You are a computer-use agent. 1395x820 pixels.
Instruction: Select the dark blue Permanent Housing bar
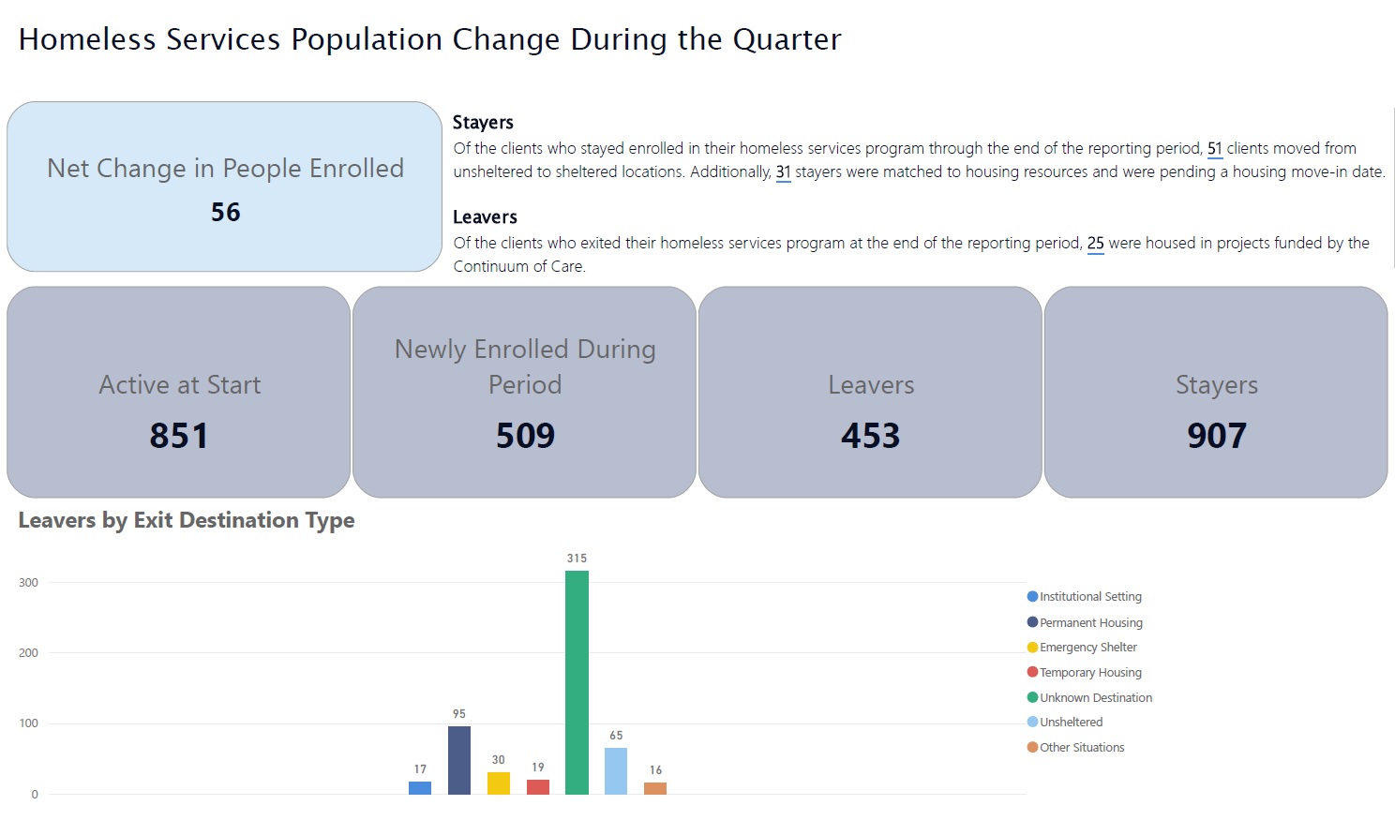pos(459,760)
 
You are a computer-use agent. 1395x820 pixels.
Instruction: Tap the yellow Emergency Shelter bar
pos(499,783)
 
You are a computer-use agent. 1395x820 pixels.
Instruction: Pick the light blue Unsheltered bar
pos(616,771)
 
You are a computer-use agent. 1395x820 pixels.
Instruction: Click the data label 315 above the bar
pos(577,558)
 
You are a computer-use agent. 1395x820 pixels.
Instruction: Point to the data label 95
pos(459,714)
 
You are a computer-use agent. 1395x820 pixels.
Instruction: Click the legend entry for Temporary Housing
pos(1089,672)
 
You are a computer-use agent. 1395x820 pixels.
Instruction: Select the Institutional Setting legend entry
pos(1089,596)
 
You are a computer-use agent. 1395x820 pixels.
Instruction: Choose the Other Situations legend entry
pos(1081,747)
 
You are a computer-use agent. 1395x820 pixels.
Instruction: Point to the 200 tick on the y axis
pos(28,653)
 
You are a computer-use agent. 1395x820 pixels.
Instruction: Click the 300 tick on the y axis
pos(28,583)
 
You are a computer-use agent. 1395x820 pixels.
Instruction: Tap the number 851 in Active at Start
pos(179,436)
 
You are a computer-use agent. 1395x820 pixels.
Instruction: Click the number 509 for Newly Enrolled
pos(525,436)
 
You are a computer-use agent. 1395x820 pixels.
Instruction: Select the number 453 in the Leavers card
pos(870,436)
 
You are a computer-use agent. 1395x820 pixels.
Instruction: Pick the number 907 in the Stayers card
pos(1216,436)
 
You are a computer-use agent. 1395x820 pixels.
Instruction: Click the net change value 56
pos(225,213)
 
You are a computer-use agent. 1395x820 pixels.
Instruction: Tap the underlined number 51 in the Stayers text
pos(1214,148)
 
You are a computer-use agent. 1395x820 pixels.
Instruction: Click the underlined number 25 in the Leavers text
pos(1095,243)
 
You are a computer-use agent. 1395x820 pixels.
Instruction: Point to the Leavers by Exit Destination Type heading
pos(187,520)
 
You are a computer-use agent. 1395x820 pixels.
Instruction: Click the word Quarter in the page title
pos(787,39)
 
